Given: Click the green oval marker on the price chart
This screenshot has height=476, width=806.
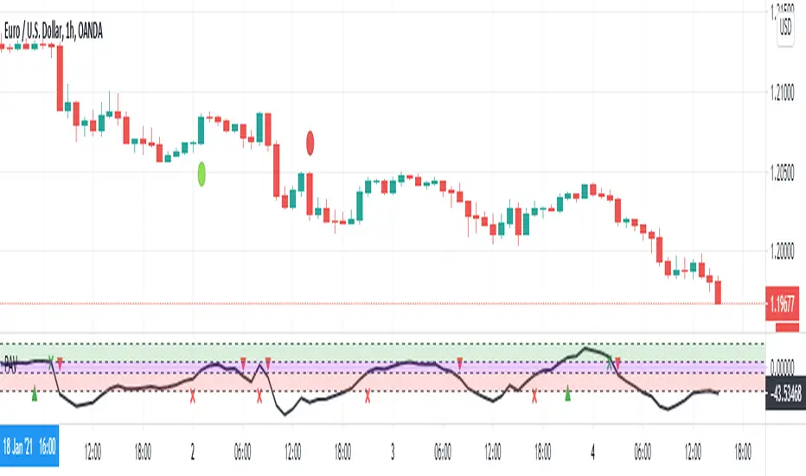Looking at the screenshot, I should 201,173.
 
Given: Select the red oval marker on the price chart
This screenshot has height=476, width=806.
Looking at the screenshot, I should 310,143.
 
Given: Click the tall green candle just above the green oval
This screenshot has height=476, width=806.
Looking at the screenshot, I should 201,129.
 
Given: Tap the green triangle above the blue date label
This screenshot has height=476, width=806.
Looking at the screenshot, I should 35,396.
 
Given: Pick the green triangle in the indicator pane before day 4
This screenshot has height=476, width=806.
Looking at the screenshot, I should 567,396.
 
